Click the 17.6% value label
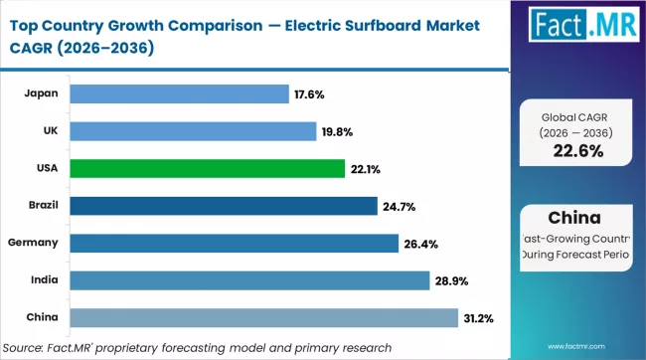tap(309, 94)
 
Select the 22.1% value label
tap(364, 169)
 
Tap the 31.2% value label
tap(481, 317)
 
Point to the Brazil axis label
tap(43, 206)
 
